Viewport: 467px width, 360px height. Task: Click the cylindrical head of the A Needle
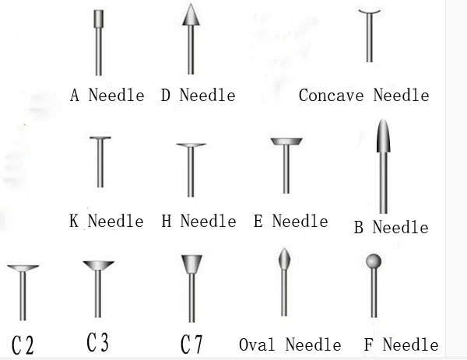pyautogui.click(x=99, y=19)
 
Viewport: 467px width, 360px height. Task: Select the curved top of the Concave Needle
pyautogui.click(x=369, y=12)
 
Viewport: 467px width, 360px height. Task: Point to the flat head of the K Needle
pyautogui.click(x=100, y=138)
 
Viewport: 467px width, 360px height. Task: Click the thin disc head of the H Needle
pyautogui.click(x=191, y=145)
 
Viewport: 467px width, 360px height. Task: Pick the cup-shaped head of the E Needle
pyautogui.click(x=286, y=142)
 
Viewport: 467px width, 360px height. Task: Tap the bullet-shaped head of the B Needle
pyautogui.click(x=383, y=136)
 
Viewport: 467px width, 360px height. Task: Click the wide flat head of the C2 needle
pyautogui.click(x=23, y=268)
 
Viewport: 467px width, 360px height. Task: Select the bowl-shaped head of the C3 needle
pyautogui.click(x=98, y=265)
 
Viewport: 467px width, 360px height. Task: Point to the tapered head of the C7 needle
pyautogui.click(x=191, y=264)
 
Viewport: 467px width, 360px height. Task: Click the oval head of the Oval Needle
pyautogui.click(x=284, y=259)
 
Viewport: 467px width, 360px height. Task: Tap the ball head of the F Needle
pyautogui.click(x=374, y=261)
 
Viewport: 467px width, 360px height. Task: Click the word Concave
pyautogui.click(x=331, y=95)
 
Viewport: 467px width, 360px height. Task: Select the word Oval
pyautogui.click(x=257, y=344)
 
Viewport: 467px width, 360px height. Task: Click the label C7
pyautogui.click(x=191, y=344)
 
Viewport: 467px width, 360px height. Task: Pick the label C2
pyautogui.click(x=23, y=345)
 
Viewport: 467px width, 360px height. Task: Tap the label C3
pyautogui.click(x=98, y=342)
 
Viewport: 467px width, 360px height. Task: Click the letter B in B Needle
pyautogui.click(x=359, y=228)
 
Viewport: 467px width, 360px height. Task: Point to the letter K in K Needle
pyautogui.click(x=74, y=221)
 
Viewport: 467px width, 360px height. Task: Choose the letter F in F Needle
pyautogui.click(x=368, y=344)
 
